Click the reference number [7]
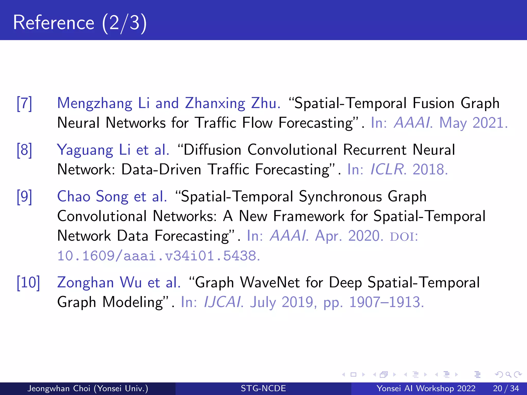click(x=24, y=103)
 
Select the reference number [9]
click(x=24, y=197)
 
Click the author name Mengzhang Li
click(x=103, y=103)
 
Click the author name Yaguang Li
click(x=94, y=150)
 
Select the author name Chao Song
click(x=93, y=197)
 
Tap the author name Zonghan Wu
click(x=99, y=282)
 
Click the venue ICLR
click(x=387, y=169)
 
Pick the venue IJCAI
click(x=223, y=302)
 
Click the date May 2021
click(x=473, y=123)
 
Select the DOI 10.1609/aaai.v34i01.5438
click(x=158, y=256)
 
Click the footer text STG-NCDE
click(x=263, y=388)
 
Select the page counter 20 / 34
click(x=506, y=388)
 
